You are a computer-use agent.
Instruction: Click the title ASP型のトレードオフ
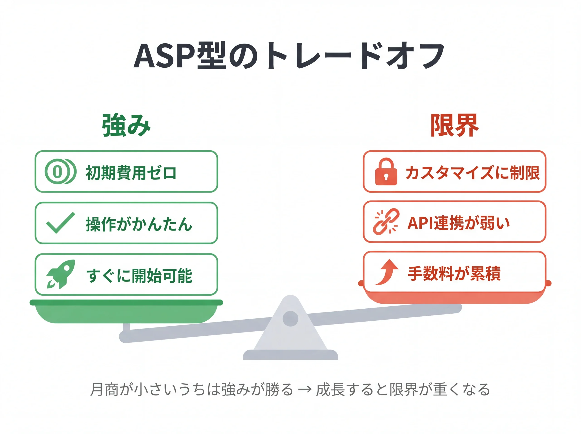point(289,56)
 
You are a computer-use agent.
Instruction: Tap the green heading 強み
point(126,126)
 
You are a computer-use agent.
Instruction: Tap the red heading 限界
point(454,126)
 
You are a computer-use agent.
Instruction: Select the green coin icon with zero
point(60,172)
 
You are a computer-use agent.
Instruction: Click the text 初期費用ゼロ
point(131,173)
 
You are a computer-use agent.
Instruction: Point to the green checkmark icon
point(60,223)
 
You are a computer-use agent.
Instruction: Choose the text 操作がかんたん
point(139,224)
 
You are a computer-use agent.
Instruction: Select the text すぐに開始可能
point(139,275)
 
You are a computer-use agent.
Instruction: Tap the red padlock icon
point(386,172)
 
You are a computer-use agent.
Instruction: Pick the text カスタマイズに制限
point(472,173)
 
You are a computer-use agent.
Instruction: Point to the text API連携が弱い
point(458,223)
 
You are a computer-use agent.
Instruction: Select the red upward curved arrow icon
point(387,272)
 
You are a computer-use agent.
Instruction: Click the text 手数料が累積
point(454,273)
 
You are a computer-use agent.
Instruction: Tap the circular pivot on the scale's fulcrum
point(290,318)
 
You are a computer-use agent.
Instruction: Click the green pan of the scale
point(126,313)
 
